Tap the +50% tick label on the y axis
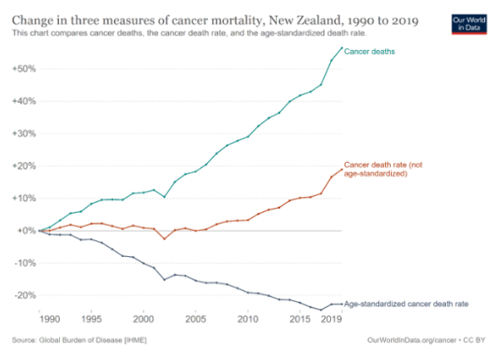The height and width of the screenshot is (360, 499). (22, 69)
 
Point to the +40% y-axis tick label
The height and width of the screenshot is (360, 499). (22, 101)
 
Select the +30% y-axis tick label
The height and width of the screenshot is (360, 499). (22, 134)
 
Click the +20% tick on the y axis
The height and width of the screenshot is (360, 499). (22, 166)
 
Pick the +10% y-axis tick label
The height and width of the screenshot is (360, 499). (22, 199)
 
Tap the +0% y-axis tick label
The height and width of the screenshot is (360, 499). (24, 231)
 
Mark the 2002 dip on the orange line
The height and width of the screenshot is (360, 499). (164, 239)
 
